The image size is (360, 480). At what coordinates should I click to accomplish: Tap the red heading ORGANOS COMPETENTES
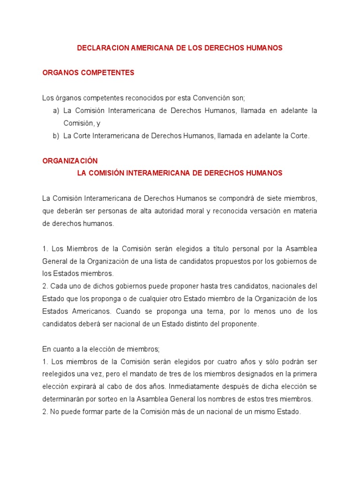88,73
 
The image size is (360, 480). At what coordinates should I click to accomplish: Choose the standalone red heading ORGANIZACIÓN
70,161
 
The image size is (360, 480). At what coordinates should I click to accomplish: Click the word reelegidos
59,374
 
